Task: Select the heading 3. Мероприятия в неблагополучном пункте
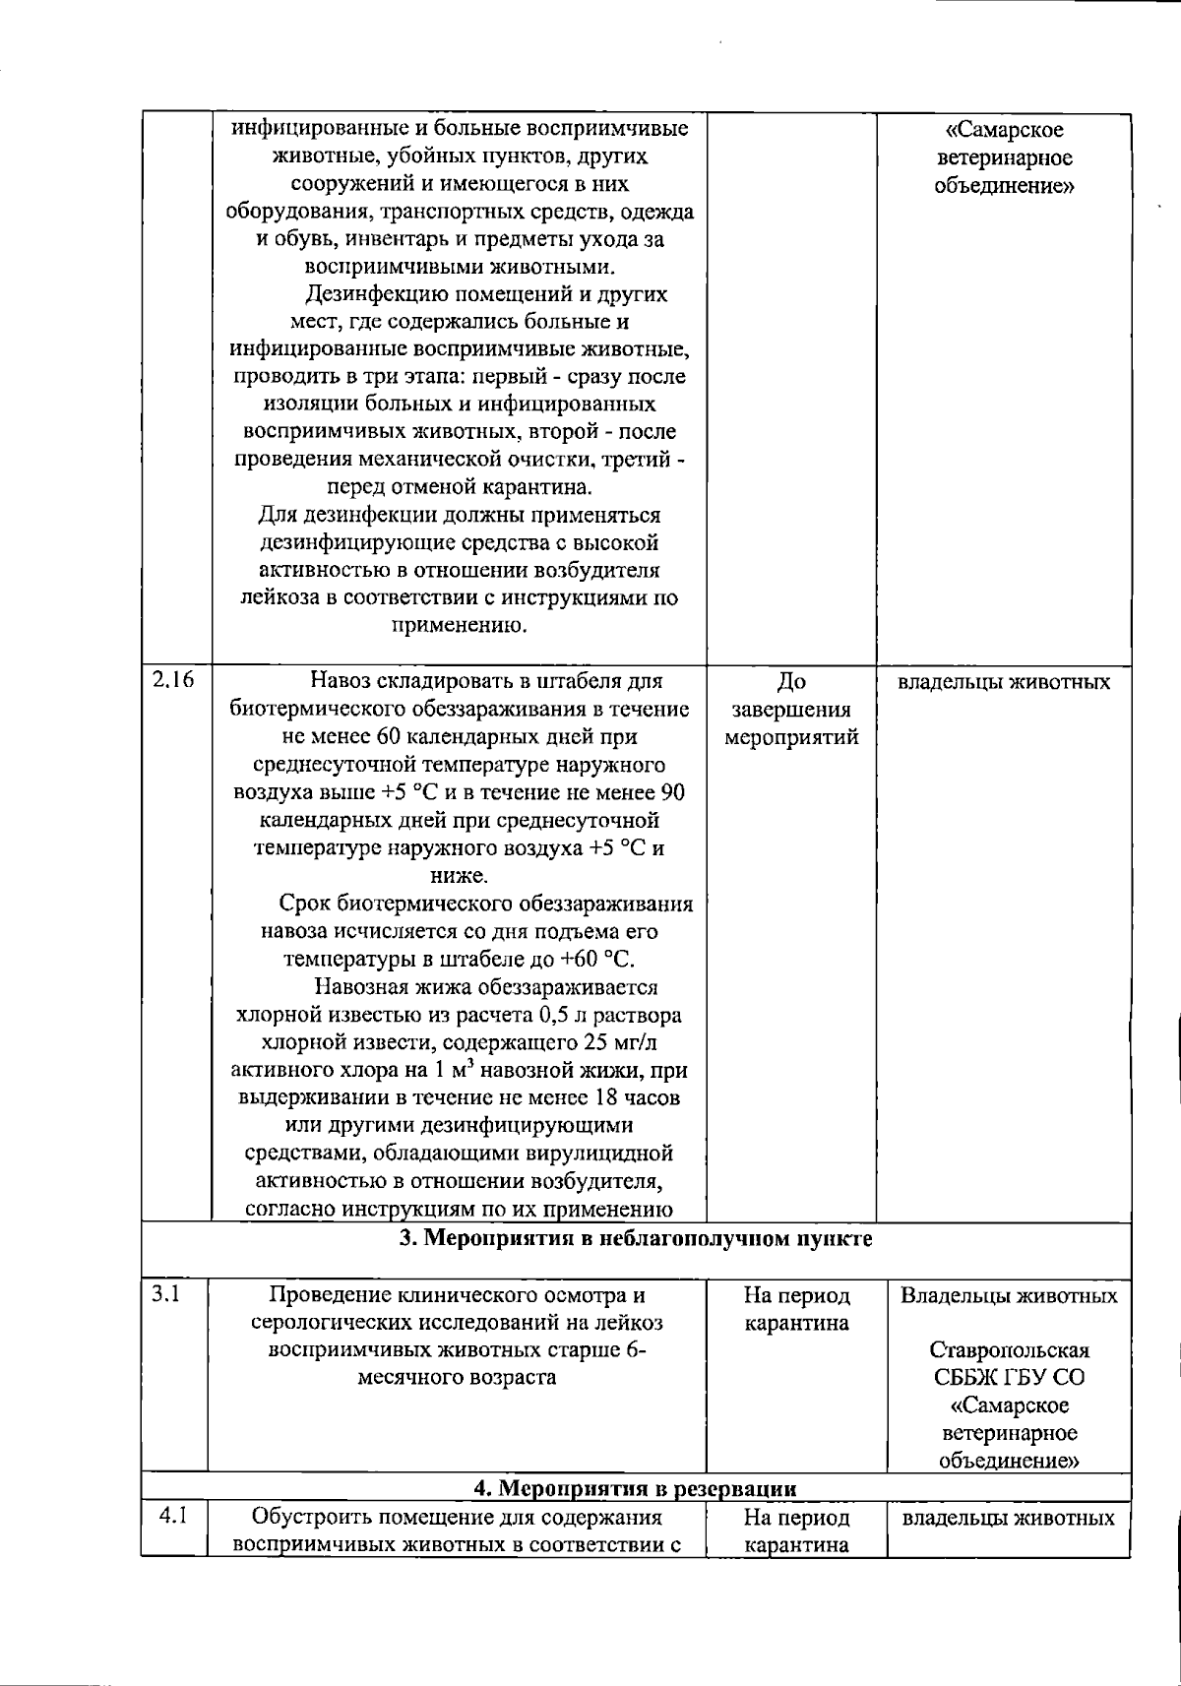tap(635, 1238)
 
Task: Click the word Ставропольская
tap(1009, 1349)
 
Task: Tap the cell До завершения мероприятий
tap(791, 709)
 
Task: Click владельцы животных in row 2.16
tap(1003, 682)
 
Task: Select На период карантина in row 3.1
tap(796, 1309)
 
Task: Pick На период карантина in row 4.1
tap(796, 1530)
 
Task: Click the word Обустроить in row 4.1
tap(306, 1517)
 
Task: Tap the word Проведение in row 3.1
tap(325, 1295)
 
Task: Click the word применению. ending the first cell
tap(459, 625)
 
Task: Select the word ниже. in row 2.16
tap(459, 876)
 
